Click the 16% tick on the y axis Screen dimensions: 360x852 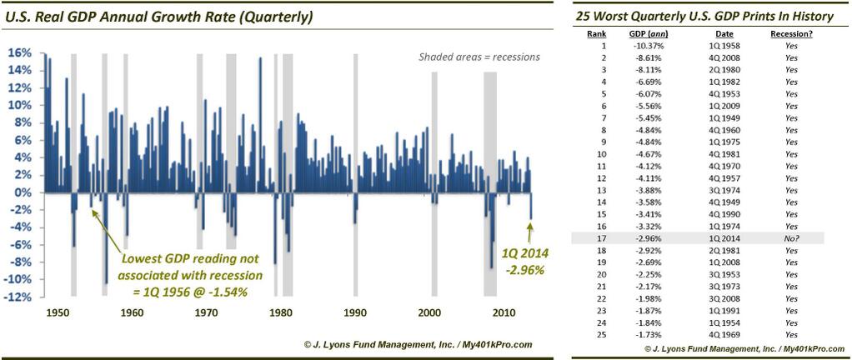click(x=21, y=52)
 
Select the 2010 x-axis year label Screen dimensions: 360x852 click(x=503, y=312)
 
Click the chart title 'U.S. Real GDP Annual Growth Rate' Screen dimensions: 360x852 click(x=144, y=14)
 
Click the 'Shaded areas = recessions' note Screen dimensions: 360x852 click(x=479, y=57)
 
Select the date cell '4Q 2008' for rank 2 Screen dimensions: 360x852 click(x=716, y=58)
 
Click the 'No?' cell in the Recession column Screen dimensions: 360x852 click(x=791, y=238)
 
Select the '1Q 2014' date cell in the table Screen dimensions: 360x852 click(x=716, y=238)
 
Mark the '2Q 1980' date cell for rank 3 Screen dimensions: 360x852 click(x=716, y=70)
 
